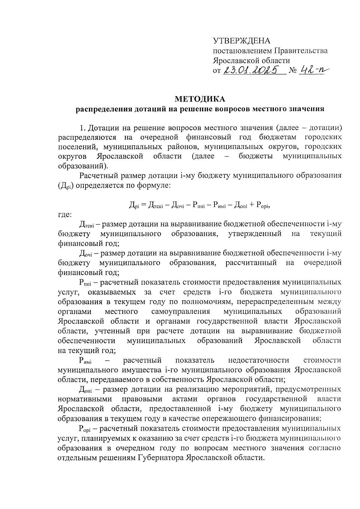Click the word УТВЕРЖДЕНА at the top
point(241,41)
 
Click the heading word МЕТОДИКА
point(200,99)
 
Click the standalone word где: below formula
point(64,214)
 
